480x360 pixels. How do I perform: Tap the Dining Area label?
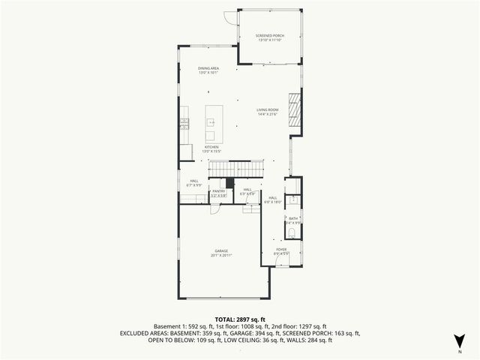coord(208,70)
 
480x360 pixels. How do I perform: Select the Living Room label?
coord(268,112)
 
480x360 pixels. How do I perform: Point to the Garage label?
coord(221,253)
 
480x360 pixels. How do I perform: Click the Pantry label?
coord(219,193)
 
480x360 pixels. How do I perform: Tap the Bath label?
coord(293,220)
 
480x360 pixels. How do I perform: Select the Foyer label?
coord(281,251)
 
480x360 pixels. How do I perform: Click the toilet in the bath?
coord(293,233)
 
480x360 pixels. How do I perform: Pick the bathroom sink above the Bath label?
coord(294,201)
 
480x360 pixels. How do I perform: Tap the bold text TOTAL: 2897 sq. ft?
coord(240,320)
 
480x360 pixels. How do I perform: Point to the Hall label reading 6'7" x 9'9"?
coord(193,183)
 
